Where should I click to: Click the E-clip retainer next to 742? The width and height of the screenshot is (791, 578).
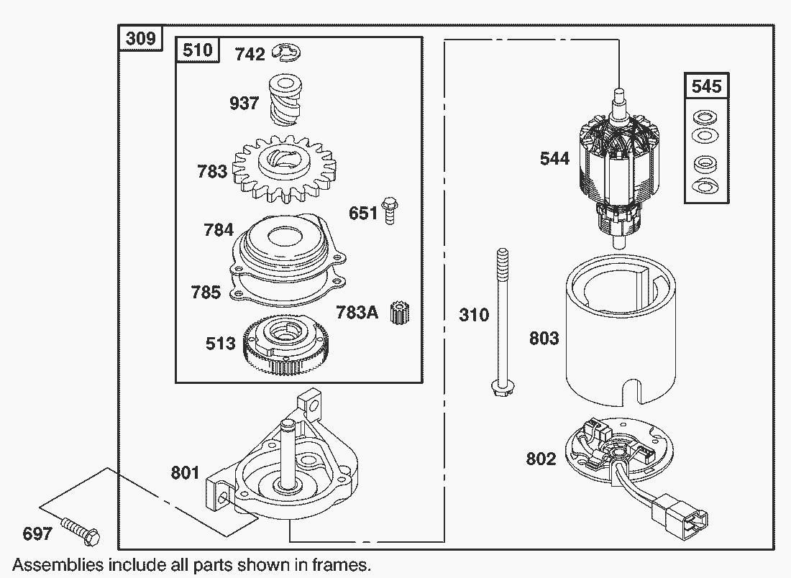(x=286, y=52)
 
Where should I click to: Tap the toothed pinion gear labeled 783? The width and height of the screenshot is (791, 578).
(x=285, y=169)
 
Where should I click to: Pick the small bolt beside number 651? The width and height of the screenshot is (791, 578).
(x=390, y=211)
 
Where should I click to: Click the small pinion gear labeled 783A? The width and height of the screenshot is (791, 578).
(x=400, y=312)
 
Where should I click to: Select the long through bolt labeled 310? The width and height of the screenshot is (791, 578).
(x=502, y=322)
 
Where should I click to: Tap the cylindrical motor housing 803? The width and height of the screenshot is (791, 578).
(x=620, y=331)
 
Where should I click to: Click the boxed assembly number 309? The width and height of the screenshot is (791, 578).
(x=141, y=38)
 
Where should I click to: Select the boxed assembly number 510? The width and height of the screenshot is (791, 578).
(x=197, y=50)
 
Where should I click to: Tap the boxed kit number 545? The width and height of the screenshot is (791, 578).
(x=706, y=86)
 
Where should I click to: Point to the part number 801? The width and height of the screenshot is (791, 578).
(x=185, y=472)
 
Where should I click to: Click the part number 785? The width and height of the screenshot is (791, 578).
(x=206, y=292)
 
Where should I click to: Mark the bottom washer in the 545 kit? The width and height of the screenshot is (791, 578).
(x=705, y=185)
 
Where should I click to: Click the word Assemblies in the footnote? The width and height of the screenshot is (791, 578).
(x=58, y=565)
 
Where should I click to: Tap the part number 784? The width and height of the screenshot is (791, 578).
(x=219, y=230)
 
